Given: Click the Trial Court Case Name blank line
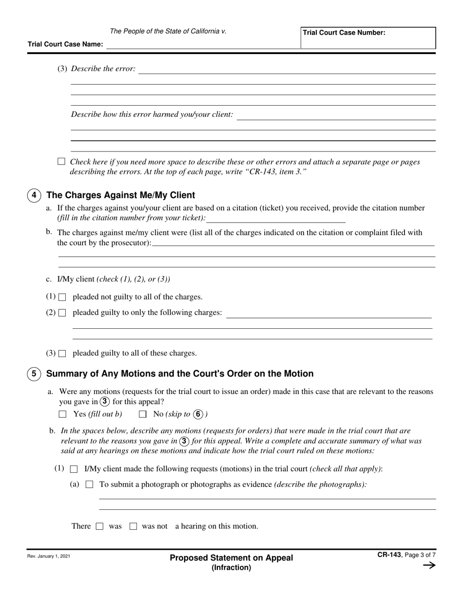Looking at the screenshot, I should click(203, 44).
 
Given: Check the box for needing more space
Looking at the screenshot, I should click(61, 161).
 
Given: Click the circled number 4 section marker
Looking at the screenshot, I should click(34, 195).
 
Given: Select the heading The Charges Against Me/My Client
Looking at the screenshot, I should click(120, 195).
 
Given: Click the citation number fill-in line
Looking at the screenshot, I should click(276, 219).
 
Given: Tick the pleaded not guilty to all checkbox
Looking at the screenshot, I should click(62, 297).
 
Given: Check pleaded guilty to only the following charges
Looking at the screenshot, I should click(62, 313).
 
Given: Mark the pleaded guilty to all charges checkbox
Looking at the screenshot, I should click(62, 354).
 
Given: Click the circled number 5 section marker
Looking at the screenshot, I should click(34, 374).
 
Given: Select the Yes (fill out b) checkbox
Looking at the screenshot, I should click(62, 414).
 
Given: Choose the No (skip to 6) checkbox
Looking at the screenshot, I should click(143, 414).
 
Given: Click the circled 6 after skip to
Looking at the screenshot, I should click(198, 414).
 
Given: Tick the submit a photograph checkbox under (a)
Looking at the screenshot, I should click(89, 485).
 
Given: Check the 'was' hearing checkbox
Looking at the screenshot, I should click(100, 526).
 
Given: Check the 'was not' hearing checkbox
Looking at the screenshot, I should click(133, 526).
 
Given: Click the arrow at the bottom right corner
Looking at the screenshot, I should click(429, 565).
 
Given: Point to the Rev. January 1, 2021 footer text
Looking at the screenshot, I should click(49, 556).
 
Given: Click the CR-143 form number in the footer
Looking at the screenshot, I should click(389, 554).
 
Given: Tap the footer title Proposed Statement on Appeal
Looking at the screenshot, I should click(231, 558).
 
